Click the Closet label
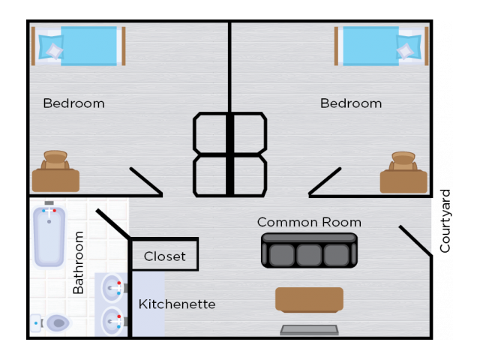(165, 256)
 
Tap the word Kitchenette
(177, 304)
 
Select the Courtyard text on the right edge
(445, 221)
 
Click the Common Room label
(309, 222)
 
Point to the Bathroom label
(78, 262)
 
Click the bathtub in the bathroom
(49, 235)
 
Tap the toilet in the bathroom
(51, 322)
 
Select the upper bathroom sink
(112, 288)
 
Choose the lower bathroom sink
(112, 322)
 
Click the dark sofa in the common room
(309, 250)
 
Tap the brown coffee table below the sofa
(309, 300)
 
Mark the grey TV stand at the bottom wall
(309, 330)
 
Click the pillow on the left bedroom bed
(52, 46)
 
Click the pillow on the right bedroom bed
(408, 46)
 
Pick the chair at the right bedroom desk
(403, 160)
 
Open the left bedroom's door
(146, 181)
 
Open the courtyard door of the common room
(415, 241)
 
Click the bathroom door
(112, 223)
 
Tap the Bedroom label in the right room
(351, 103)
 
